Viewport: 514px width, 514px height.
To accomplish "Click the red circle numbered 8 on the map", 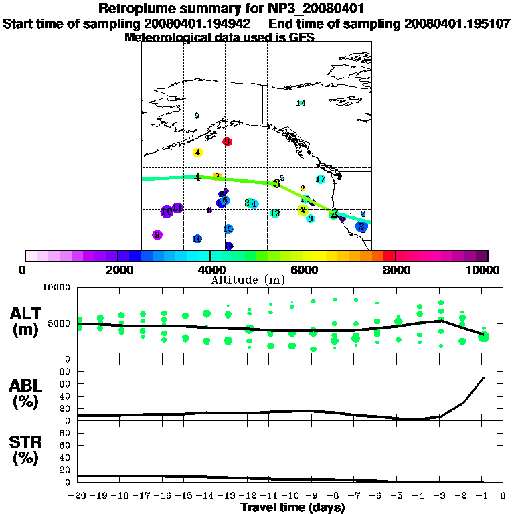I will point(228,141).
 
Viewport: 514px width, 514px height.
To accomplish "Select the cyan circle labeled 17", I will point(321,179).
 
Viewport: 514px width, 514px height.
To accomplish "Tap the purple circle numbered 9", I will point(157,235).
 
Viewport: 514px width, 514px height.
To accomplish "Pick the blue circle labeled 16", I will point(197,239).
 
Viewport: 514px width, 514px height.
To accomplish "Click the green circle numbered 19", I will point(275,213).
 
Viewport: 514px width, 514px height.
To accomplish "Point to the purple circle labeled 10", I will point(167,211).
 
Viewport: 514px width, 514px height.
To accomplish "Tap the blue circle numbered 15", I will point(228,229).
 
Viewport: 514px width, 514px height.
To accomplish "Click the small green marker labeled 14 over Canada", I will point(301,103).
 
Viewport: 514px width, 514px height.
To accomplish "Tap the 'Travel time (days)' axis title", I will point(292,508).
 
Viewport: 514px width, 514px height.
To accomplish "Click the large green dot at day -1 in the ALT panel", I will point(483,337).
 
